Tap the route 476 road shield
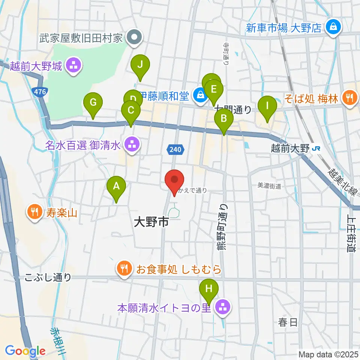tap(39, 91)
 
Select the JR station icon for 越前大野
tap(316, 148)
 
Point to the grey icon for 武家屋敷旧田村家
tap(133, 37)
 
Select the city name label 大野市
tap(151, 223)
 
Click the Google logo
tap(25, 351)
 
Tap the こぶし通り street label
tap(48, 277)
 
